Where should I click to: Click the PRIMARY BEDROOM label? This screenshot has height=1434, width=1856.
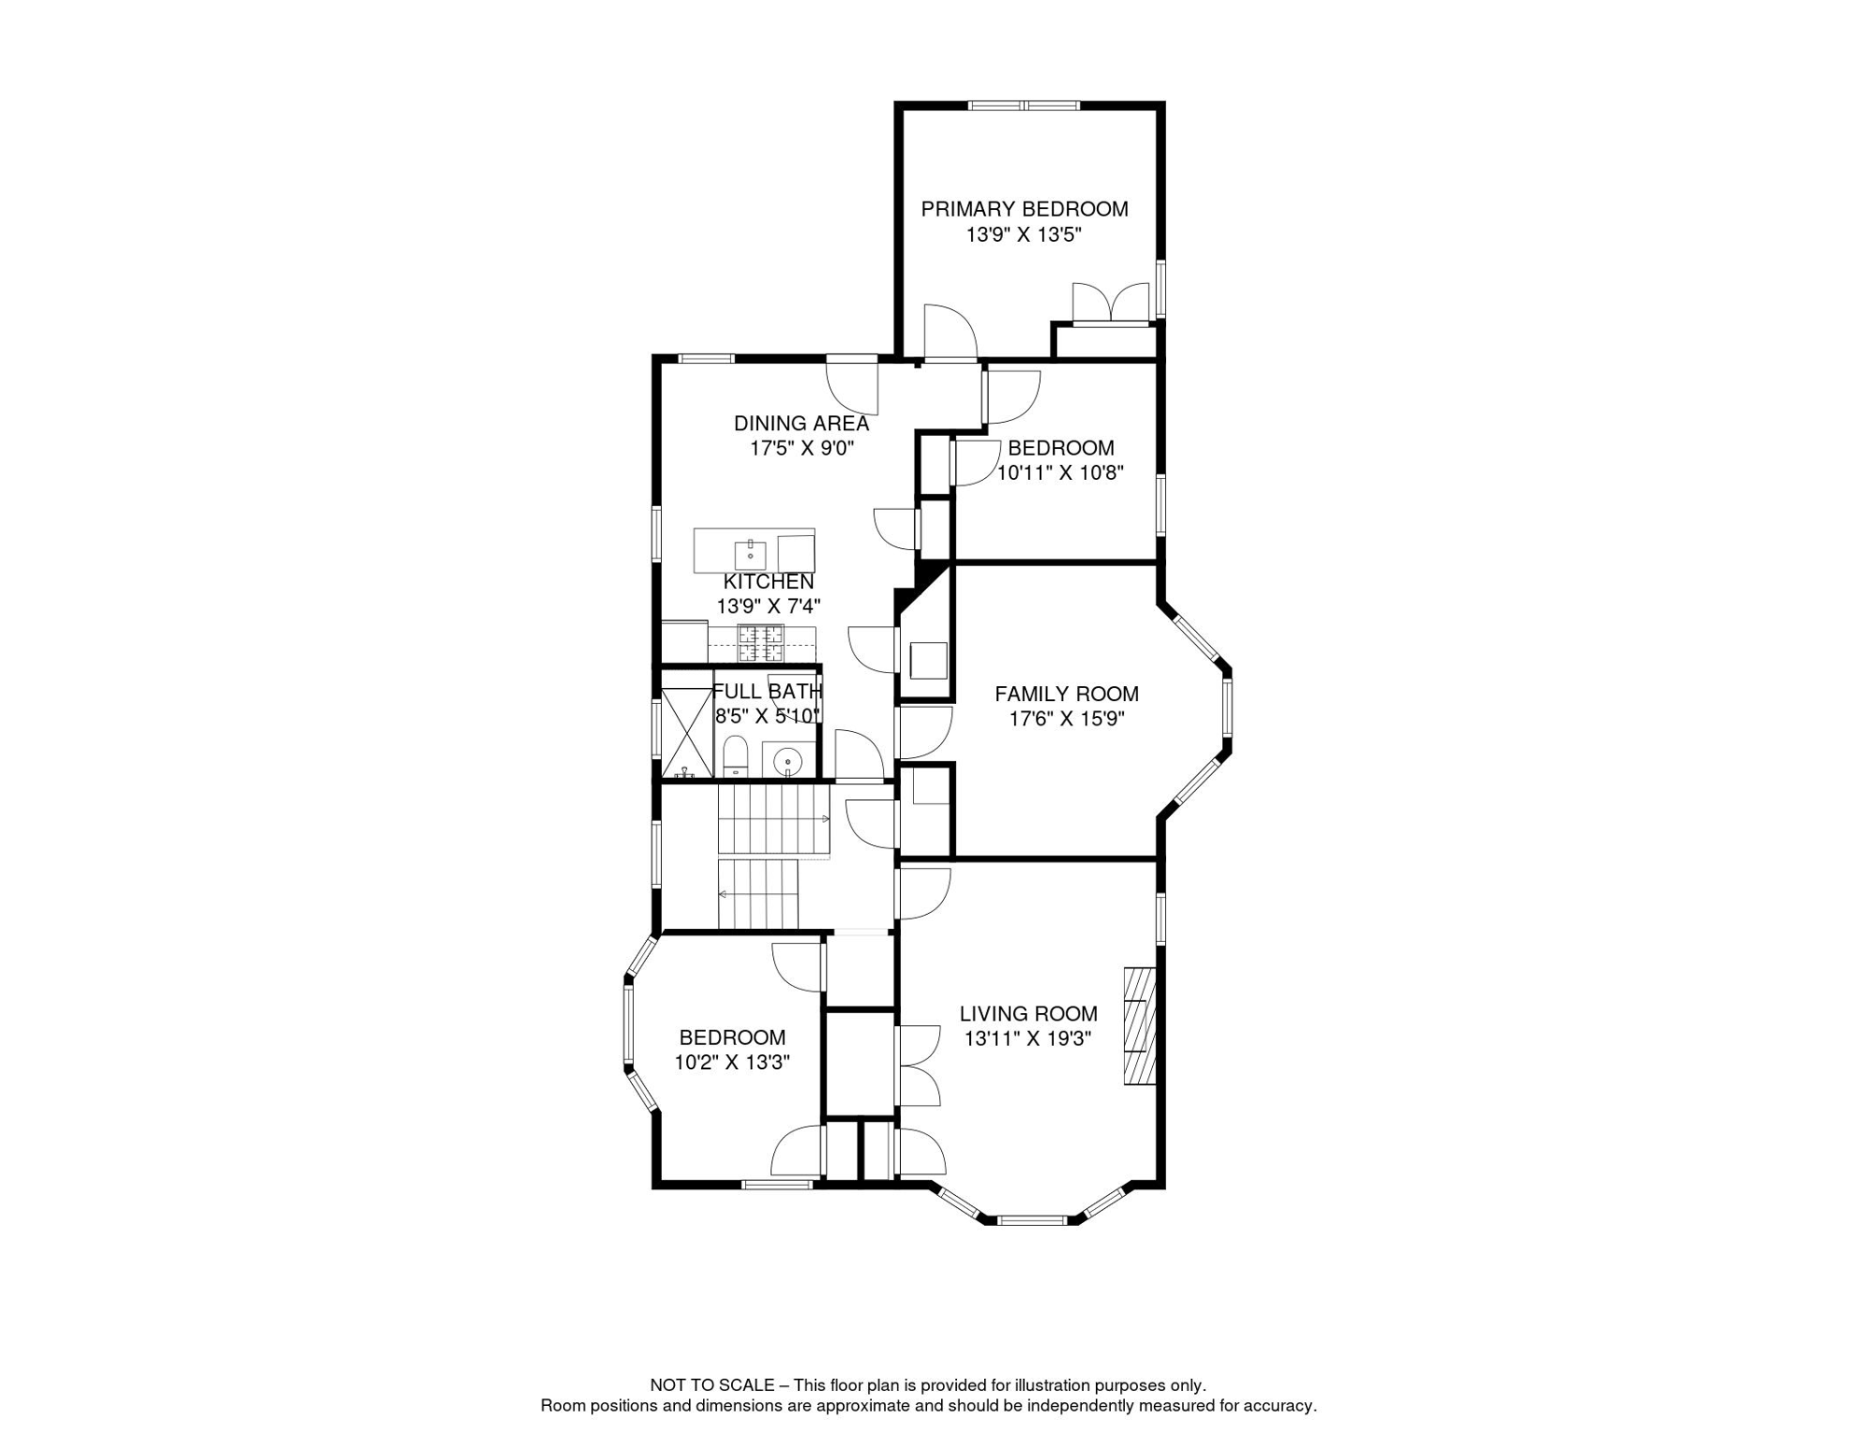click(1024, 209)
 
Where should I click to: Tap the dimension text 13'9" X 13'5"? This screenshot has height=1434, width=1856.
click(1023, 234)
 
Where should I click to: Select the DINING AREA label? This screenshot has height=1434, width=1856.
click(801, 423)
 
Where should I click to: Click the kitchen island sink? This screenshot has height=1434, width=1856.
click(750, 553)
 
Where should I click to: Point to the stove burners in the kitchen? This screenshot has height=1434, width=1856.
click(761, 643)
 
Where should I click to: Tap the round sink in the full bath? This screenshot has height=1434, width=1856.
click(788, 760)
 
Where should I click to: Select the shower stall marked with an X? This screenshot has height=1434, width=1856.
click(686, 733)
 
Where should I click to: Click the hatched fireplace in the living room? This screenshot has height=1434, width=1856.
click(1139, 1025)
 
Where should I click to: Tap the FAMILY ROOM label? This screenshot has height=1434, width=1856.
click(1066, 694)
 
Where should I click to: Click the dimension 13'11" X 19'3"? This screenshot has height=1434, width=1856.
click(1027, 1038)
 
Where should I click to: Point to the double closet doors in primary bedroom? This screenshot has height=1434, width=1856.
click(1110, 303)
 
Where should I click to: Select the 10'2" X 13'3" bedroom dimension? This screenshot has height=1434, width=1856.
click(732, 1062)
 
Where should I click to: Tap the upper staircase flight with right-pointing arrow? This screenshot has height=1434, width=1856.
click(773, 819)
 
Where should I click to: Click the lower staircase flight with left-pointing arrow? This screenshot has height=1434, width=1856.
click(758, 894)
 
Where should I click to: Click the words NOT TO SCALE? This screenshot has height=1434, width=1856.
click(711, 1385)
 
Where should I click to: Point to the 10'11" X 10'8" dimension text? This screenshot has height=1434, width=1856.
click(1060, 472)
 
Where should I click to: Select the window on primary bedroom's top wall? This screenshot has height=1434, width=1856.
click(1024, 105)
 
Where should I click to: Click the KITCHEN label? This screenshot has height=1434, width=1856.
click(768, 582)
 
